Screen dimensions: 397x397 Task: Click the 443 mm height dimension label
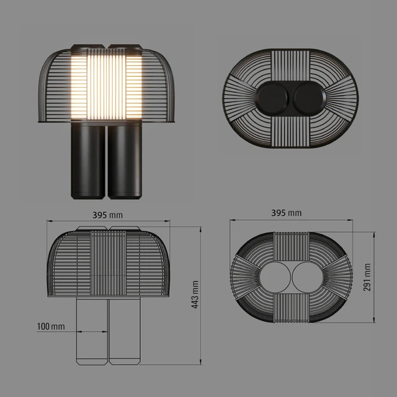point(195,295)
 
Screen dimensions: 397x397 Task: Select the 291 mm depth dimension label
point(367,277)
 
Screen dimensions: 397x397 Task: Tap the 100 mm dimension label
point(51,326)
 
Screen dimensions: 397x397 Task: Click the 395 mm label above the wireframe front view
point(107,215)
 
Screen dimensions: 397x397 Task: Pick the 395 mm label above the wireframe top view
point(287,213)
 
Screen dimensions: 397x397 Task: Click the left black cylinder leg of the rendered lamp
point(88,161)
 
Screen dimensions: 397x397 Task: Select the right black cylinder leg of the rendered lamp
point(125,161)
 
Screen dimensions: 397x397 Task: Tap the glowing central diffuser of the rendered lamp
point(106,84)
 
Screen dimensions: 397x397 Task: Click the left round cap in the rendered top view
point(273,98)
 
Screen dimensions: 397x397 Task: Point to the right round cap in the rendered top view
point(310,98)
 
